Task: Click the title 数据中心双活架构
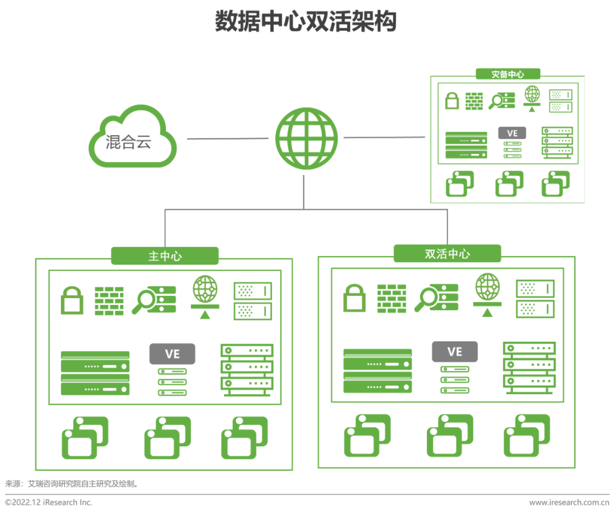point(306,22)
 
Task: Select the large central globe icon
point(306,138)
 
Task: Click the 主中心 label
point(165,256)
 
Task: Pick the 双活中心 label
point(447,254)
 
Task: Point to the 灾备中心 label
point(508,74)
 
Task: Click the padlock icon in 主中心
point(72,300)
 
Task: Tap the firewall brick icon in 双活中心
point(392,298)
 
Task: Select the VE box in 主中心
point(172,354)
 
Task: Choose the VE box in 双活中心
point(455,352)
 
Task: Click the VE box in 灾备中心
point(512,133)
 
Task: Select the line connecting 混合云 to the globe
point(227,138)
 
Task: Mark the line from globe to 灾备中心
point(384,137)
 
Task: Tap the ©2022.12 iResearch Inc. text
point(49,502)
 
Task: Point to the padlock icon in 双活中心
point(355,298)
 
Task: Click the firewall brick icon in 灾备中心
point(474,101)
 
